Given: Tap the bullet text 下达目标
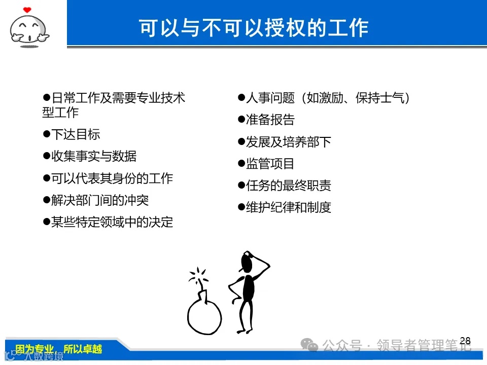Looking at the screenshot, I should (x=76, y=134).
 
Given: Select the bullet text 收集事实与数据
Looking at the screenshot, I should (x=94, y=156).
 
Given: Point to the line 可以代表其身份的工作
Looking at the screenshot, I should (x=112, y=178).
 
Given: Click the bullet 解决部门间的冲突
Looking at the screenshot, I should (x=100, y=200).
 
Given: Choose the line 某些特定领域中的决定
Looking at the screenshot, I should (x=112, y=222).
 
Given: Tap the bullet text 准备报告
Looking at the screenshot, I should (x=270, y=120).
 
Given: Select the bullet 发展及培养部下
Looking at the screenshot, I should (x=289, y=142).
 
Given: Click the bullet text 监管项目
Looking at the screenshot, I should (x=270, y=164).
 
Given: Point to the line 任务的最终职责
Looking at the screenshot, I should (x=289, y=186).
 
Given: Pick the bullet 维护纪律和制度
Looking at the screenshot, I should (x=289, y=207).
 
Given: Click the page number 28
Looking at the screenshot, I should (x=465, y=341).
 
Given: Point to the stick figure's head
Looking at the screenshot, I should (x=247, y=262).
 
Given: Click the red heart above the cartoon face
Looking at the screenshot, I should (x=27, y=9).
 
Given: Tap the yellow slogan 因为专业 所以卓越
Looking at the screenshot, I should (x=59, y=349).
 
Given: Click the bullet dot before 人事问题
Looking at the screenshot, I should (x=241, y=97).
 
